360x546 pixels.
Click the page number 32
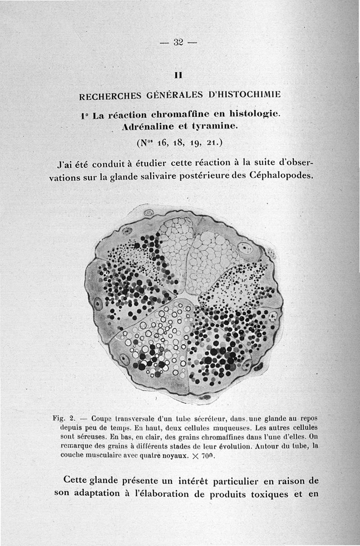tap(178, 42)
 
